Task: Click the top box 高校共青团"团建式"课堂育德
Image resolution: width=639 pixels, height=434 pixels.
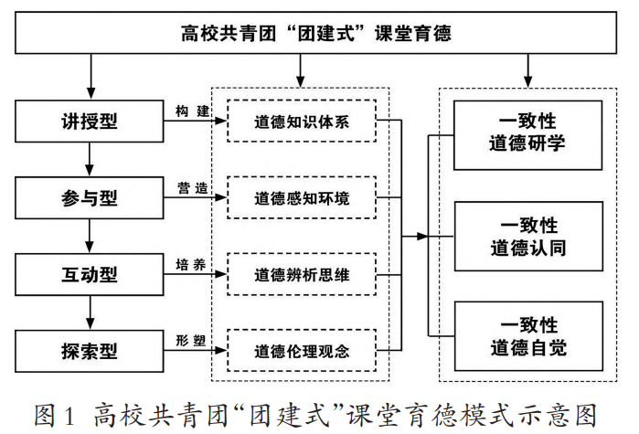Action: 316,34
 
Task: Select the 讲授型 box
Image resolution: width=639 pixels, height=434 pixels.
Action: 89,121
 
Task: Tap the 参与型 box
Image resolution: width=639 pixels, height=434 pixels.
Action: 89,196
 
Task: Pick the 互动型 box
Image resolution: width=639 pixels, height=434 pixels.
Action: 89,273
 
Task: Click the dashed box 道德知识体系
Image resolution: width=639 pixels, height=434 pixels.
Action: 302,121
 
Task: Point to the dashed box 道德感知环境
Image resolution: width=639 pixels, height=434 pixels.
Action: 302,196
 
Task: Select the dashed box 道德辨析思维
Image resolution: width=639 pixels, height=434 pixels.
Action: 302,273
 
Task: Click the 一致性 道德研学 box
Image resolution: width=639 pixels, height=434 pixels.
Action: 528,133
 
